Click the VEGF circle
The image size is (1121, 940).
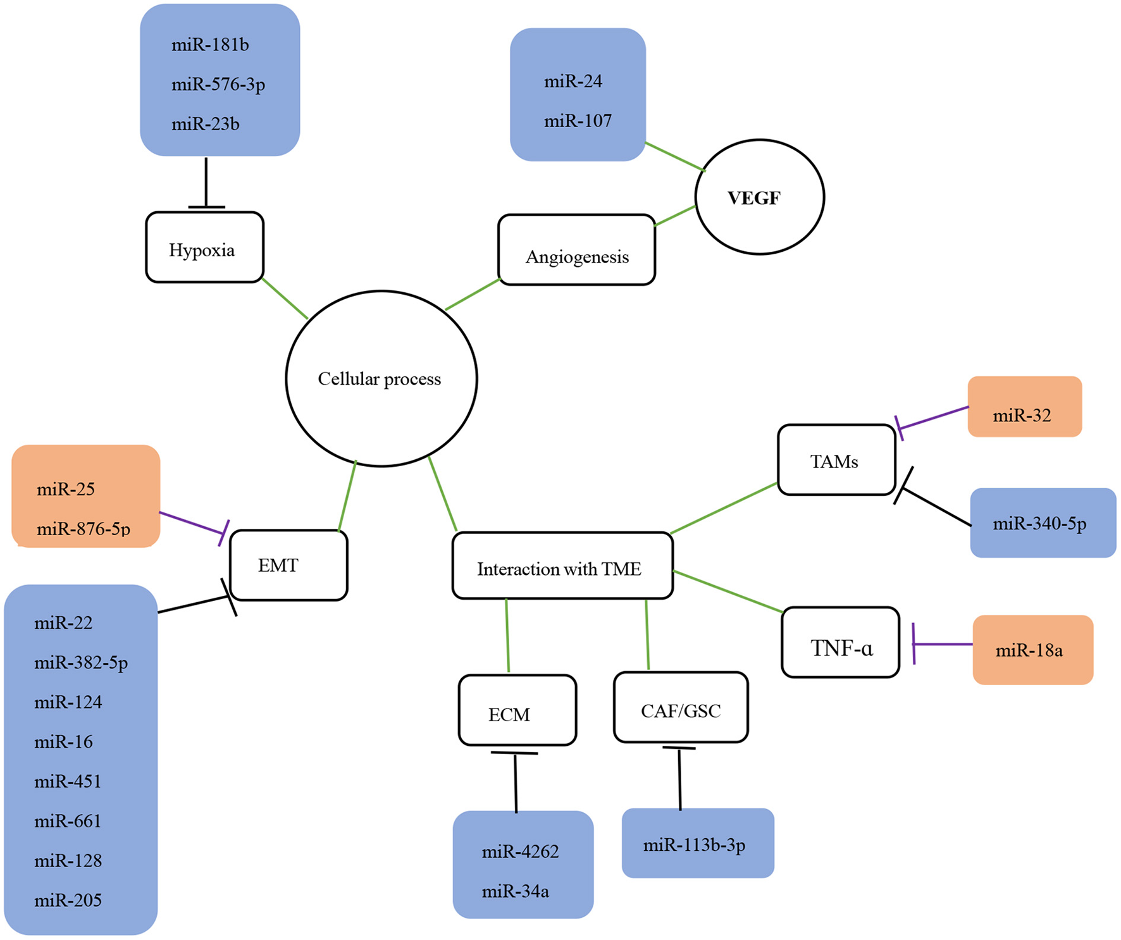759,197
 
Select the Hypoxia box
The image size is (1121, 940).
204,247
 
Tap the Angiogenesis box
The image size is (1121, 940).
576,250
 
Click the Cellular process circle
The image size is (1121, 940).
381,379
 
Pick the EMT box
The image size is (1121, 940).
288,565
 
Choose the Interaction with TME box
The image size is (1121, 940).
562,566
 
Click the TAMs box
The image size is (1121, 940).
836,460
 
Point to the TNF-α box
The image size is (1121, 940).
840,643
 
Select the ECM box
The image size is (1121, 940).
517,710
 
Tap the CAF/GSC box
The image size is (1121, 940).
681,707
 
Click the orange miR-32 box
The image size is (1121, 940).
1024,407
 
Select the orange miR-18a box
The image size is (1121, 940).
1032,650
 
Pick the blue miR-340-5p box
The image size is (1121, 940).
1043,523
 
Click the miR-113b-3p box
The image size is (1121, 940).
697,843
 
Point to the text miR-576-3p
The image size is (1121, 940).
218,84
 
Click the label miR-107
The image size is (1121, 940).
578,121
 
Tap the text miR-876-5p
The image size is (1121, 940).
84,529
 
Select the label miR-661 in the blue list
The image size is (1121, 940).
68,821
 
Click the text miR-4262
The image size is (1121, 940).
520,851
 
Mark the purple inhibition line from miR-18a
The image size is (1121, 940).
943,644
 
